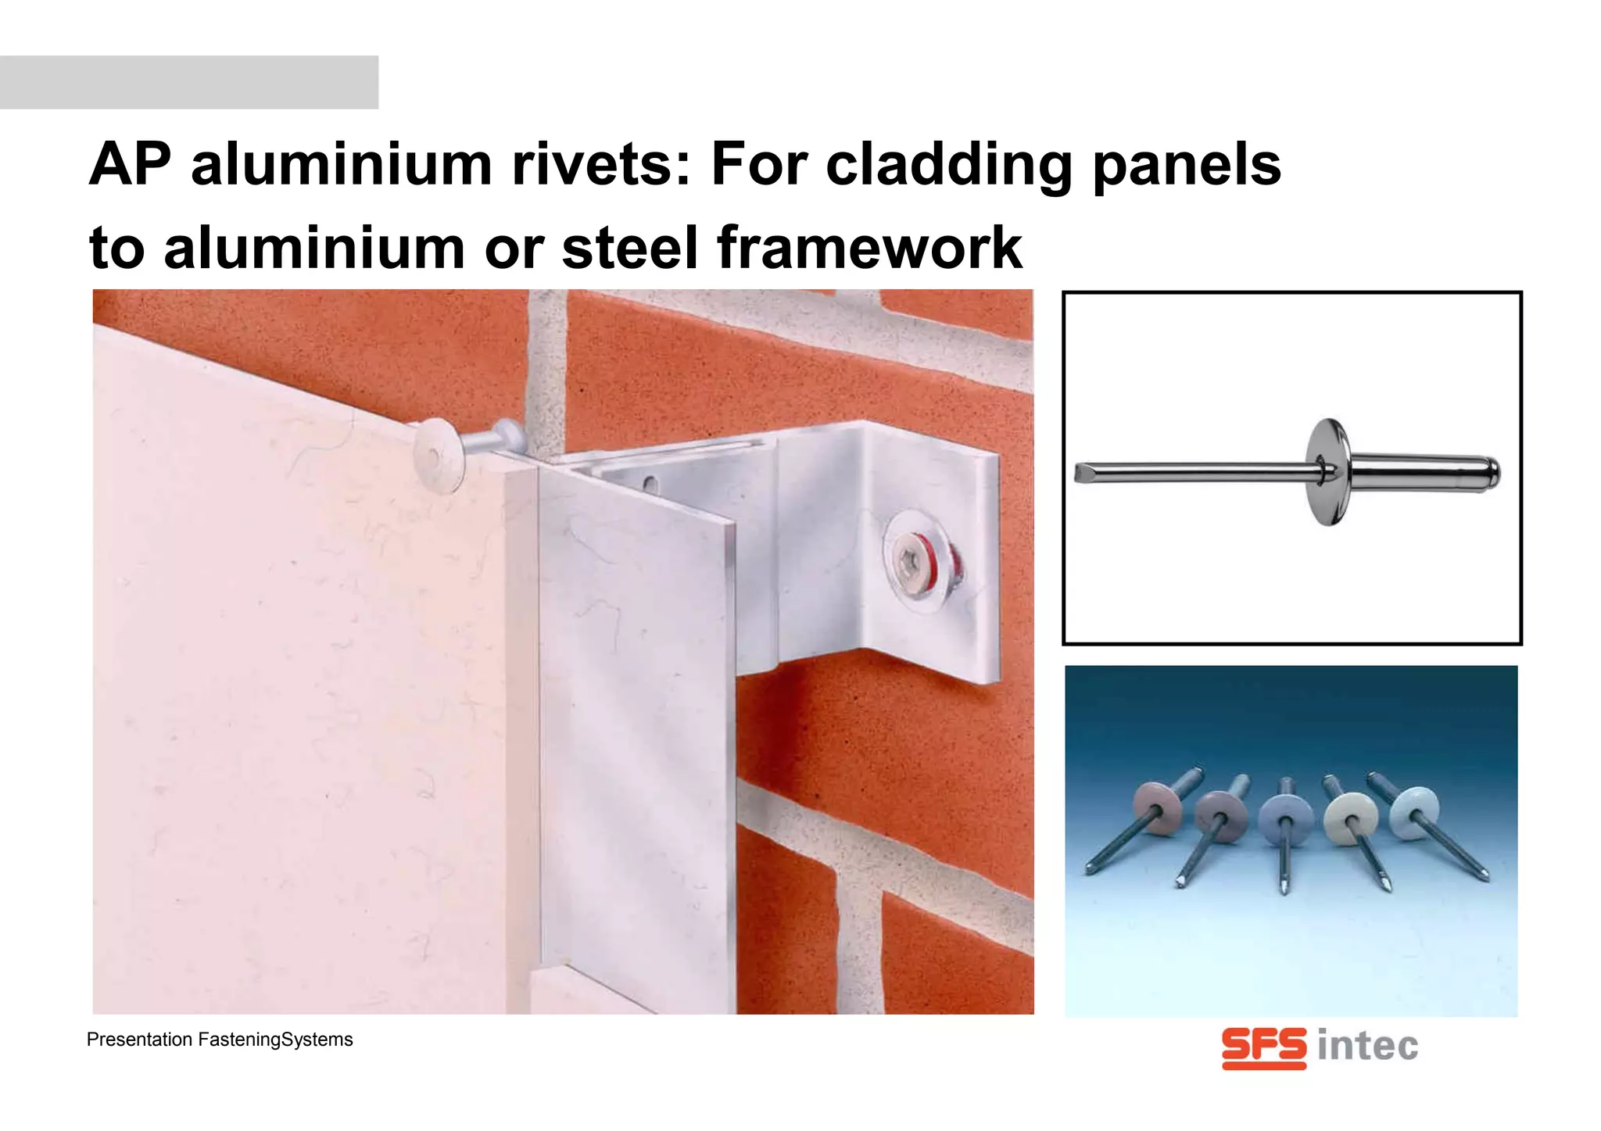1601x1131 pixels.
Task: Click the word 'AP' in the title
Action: click(130, 165)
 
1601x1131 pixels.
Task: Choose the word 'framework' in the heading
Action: click(869, 248)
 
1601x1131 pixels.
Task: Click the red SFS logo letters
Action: click(1263, 1047)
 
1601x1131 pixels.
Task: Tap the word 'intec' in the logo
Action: click(1367, 1047)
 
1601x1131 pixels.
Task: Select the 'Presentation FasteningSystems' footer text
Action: click(220, 1040)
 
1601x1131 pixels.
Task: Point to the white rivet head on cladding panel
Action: click(438, 449)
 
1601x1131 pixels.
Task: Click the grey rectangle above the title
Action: click(189, 82)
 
